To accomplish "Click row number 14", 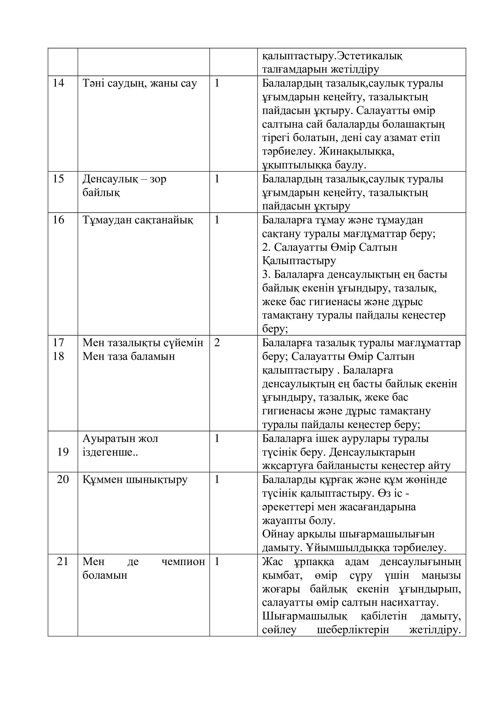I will click(x=58, y=83).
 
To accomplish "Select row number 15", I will click(x=58, y=179).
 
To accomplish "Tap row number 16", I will click(x=58, y=220).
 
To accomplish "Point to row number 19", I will click(x=63, y=452).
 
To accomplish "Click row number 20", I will click(x=63, y=479).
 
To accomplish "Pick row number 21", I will click(x=63, y=561).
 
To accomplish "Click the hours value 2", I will click(x=217, y=343).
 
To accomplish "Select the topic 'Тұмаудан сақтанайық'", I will click(x=138, y=220).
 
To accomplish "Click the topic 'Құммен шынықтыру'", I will click(x=135, y=480).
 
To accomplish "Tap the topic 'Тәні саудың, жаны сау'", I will click(x=140, y=84).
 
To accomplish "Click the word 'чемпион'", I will click(x=183, y=562).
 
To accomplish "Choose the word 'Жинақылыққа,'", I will click(x=357, y=152).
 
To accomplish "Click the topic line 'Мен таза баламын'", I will click(x=129, y=357).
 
